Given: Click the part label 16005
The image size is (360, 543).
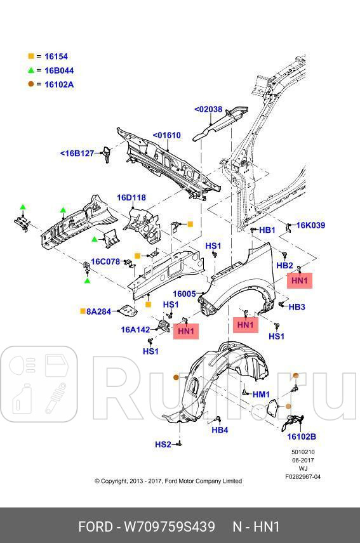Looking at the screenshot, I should click(185, 294).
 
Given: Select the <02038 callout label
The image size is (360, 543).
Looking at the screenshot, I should click(208, 109).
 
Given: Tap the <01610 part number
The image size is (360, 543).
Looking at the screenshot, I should click(166, 135).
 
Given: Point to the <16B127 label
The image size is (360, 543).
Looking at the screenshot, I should click(77, 154).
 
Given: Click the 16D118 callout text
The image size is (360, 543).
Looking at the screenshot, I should click(131, 197).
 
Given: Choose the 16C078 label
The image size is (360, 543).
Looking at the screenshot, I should click(105, 261).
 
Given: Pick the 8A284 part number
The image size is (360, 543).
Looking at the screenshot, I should click(98, 311).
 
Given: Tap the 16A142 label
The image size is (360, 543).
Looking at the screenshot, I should click(135, 329).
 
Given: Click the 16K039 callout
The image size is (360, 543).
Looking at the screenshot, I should click(310, 225).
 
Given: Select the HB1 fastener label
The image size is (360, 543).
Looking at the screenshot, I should click(267, 230).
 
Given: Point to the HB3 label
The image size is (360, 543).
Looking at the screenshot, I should click(297, 307).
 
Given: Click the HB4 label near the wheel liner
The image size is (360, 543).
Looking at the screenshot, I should click(220, 430).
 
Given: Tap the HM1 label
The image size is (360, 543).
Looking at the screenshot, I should click(261, 395).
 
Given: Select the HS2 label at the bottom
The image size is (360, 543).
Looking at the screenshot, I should click(163, 445).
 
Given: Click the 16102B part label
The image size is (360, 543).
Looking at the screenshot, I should click(302, 436).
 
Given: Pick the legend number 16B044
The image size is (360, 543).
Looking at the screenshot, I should click(58, 70).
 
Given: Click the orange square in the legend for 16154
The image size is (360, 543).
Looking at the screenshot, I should click(30, 56).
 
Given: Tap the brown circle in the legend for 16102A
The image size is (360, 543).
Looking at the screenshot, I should click(30, 84).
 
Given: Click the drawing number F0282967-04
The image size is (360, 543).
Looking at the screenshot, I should click(303, 476).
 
